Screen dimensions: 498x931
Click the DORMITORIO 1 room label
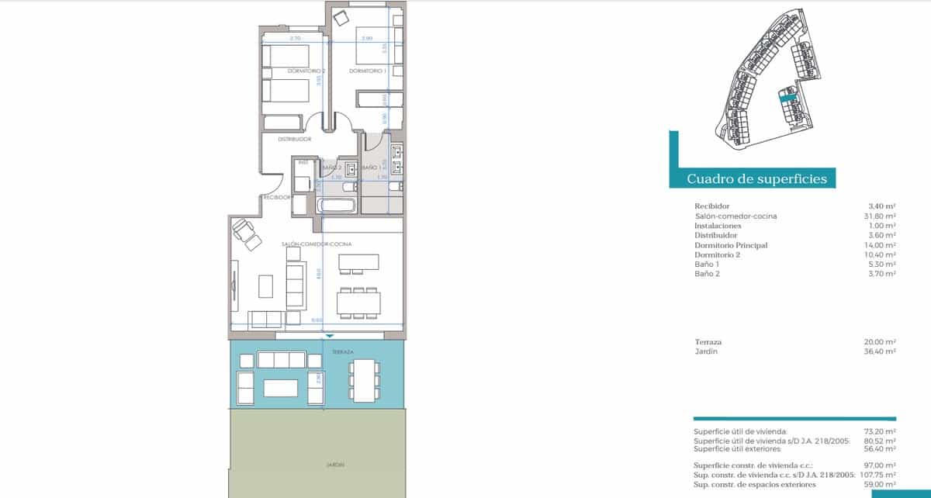368,71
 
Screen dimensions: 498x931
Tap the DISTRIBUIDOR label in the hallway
295,140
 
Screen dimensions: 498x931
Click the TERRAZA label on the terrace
342,352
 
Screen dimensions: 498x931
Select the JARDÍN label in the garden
335,465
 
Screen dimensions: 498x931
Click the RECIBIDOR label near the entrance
277,197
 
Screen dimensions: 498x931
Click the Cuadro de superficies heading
756,179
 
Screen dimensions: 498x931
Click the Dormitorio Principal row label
731,245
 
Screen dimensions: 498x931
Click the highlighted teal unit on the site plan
787,97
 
